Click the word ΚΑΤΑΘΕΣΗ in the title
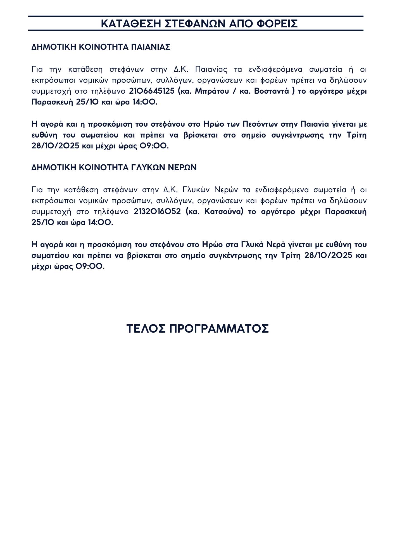click(x=131, y=24)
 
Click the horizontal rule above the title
click(x=196, y=16)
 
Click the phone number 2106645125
click(x=152, y=91)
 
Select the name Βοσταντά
click(x=271, y=91)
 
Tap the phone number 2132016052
click(x=157, y=212)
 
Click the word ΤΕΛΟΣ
click(x=146, y=329)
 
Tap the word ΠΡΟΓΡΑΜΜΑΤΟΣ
click(x=219, y=329)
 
